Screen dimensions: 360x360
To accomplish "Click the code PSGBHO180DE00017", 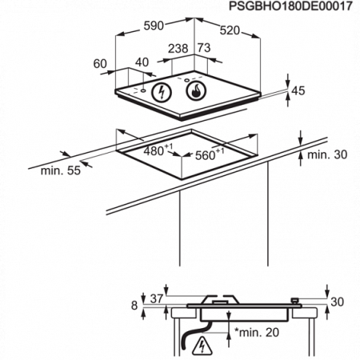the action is coord(290,6).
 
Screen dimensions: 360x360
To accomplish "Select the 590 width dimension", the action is coord(154,26).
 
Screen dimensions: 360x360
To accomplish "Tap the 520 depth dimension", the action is coord(230,30).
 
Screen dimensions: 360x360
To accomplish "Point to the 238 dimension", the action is coord(178,49).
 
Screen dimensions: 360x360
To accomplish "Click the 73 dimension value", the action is coord(204,48).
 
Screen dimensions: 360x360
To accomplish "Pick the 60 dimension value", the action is coord(100,64).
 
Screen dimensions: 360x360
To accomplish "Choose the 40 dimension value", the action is coord(142,62).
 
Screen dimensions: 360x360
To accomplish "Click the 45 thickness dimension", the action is coord(298,90).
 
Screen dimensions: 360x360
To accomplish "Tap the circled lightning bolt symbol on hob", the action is coord(162,92).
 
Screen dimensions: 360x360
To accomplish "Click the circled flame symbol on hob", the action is coord(196,90).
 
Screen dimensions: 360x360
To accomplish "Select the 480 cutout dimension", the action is coord(158,150).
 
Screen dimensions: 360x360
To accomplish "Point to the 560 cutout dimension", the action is coord(210,154).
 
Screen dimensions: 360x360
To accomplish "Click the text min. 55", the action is coord(61,170).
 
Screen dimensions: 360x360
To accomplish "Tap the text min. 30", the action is coord(327,154).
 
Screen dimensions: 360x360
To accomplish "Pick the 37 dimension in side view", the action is coord(157,298).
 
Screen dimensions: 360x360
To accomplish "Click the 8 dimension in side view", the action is coord(134,306).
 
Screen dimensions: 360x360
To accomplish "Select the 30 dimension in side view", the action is coord(338,302).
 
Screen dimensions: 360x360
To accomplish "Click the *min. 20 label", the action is coord(257,332).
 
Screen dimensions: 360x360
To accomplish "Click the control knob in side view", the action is coord(295,301).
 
